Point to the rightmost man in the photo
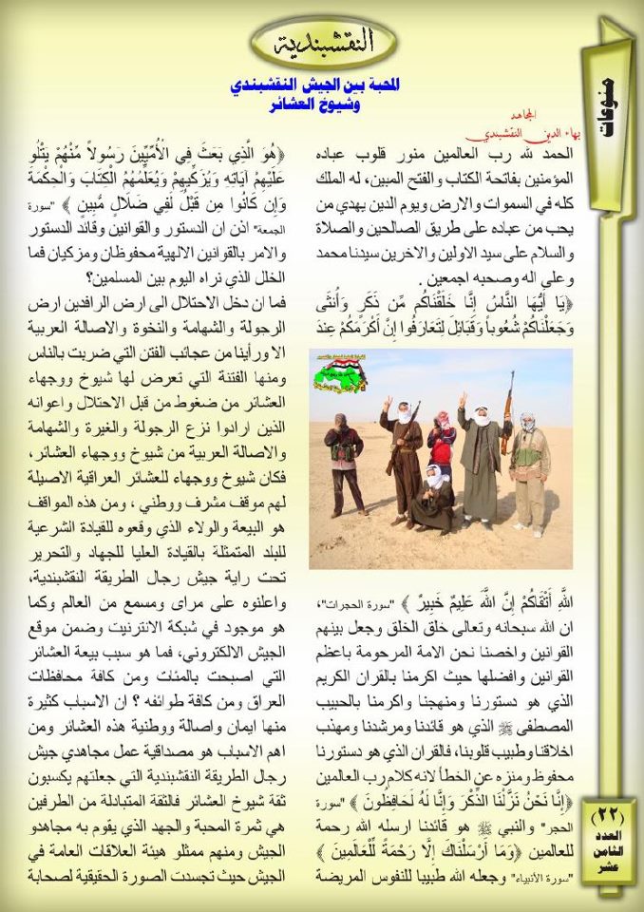point(529,470)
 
